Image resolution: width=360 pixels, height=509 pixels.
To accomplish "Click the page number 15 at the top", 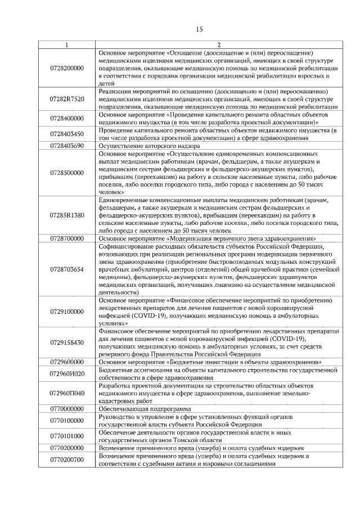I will pyautogui.click(x=199, y=29).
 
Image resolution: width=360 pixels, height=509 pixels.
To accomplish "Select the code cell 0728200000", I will pyautogui.click(x=67, y=67).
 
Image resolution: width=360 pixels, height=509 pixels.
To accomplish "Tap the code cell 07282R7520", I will pyautogui.click(x=67, y=98).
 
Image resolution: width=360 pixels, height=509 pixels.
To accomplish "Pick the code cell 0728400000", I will pyautogui.click(x=67, y=118).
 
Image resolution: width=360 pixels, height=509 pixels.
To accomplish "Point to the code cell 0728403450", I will pyautogui.click(x=67, y=134).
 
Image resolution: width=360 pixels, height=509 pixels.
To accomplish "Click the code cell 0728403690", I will pyautogui.click(x=67, y=146).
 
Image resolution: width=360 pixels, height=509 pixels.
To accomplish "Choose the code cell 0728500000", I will pyautogui.click(x=67, y=173).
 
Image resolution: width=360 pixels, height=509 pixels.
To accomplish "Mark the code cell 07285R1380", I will pyautogui.click(x=67, y=215).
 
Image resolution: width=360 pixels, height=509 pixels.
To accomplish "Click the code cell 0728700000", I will pyautogui.click(x=67, y=238).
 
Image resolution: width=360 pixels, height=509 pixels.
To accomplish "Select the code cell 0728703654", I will pyautogui.click(x=67, y=269).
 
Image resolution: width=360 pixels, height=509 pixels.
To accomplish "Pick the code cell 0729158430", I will pyautogui.click(x=67, y=343).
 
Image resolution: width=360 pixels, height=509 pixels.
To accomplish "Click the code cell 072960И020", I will pyautogui.click(x=67, y=373).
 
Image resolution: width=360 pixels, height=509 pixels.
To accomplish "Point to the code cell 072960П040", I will pyautogui.click(x=67, y=393).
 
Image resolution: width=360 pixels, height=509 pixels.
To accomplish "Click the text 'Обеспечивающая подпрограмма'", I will pyautogui.click(x=145, y=408).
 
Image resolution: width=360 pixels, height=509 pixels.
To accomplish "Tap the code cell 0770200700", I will pyautogui.click(x=67, y=460).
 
